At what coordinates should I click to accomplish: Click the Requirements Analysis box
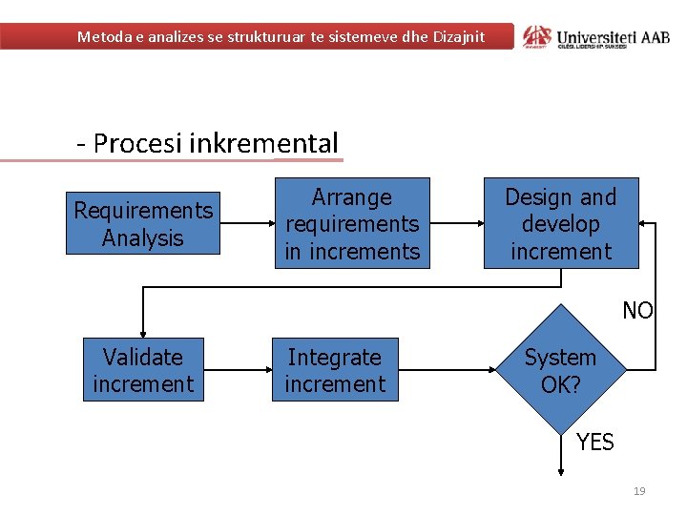(143, 224)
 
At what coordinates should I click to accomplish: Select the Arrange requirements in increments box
(352, 223)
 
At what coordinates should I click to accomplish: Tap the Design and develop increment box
(561, 223)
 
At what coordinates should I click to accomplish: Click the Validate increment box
(143, 370)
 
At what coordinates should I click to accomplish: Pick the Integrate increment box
(335, 370)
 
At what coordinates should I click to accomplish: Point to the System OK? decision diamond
(561, 370)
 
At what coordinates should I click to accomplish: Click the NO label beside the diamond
(637, 310)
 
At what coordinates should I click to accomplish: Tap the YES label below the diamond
(595, 442)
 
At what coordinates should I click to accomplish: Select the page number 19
(639, 491)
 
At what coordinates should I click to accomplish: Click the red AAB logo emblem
(537, 37)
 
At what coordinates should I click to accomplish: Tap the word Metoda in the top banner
(104, 37)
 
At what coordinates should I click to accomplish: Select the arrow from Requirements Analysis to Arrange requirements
(245, 223)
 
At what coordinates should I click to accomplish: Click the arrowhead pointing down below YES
(562, 467)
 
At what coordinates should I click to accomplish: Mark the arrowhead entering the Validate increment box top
(143, 332)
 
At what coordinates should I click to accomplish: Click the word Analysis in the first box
(143, 237)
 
